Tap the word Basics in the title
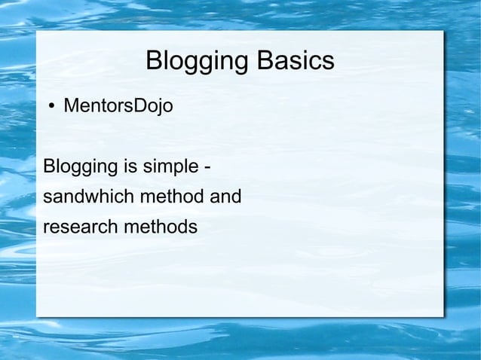pos(295,61)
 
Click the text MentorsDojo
pos(118,106)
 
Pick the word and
pos(225,197)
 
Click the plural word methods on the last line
pos(160,227)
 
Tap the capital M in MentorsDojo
pos(71,106)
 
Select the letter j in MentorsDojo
pos(158,108)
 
